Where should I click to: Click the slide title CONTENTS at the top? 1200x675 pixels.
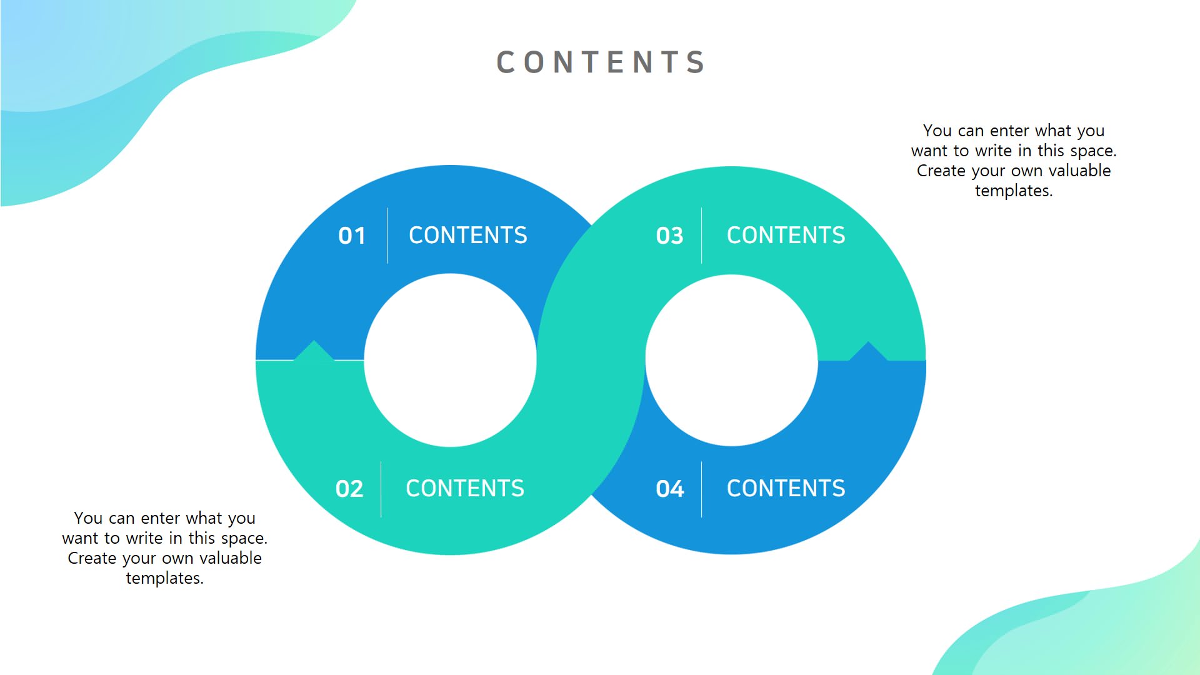[601, 62]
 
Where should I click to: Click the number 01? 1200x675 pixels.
[352, 236]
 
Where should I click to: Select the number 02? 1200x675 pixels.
[349, 489]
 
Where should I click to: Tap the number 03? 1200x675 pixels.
[669, 236]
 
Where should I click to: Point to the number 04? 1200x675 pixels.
[669, 489]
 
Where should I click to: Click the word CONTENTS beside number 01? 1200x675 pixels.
[467, 236]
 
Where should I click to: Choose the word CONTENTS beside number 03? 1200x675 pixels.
[786, 236]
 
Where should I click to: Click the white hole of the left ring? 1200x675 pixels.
[450, 360]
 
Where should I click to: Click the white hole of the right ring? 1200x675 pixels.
[731, 360]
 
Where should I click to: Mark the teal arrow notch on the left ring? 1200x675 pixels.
[314, 351]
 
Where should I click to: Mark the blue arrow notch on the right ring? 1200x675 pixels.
[868, 352]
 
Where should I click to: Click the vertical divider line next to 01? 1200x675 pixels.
[387, 236]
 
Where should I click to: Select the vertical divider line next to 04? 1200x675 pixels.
[701, 489]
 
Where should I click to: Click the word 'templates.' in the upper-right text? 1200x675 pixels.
[1014, 191]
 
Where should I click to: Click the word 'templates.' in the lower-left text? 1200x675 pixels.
[164, 578]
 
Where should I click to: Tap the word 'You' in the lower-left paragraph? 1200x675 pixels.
[88, 518]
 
